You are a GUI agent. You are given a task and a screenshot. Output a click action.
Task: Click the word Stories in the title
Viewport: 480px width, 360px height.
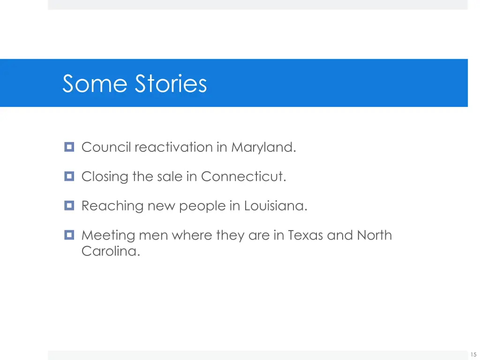pos(171,84)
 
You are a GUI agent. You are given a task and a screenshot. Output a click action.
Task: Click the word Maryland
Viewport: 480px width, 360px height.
pos(263,148)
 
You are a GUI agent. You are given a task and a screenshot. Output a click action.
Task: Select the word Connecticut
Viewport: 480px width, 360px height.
pos(243,177)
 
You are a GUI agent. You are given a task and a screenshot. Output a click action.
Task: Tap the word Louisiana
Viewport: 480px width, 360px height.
pos(276,206)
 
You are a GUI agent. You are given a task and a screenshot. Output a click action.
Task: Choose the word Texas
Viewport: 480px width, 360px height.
pos(305,235)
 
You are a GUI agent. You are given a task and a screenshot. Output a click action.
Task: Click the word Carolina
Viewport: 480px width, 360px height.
pos(111,251)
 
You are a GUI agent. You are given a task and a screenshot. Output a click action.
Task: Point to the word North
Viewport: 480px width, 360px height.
pos(375,235)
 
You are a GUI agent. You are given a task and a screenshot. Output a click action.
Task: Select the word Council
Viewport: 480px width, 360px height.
pos(106,148)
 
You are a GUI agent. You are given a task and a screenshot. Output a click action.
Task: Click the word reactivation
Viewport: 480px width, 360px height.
pos(173,148)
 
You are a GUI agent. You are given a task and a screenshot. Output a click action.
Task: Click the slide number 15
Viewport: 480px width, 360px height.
pos(473,355)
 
